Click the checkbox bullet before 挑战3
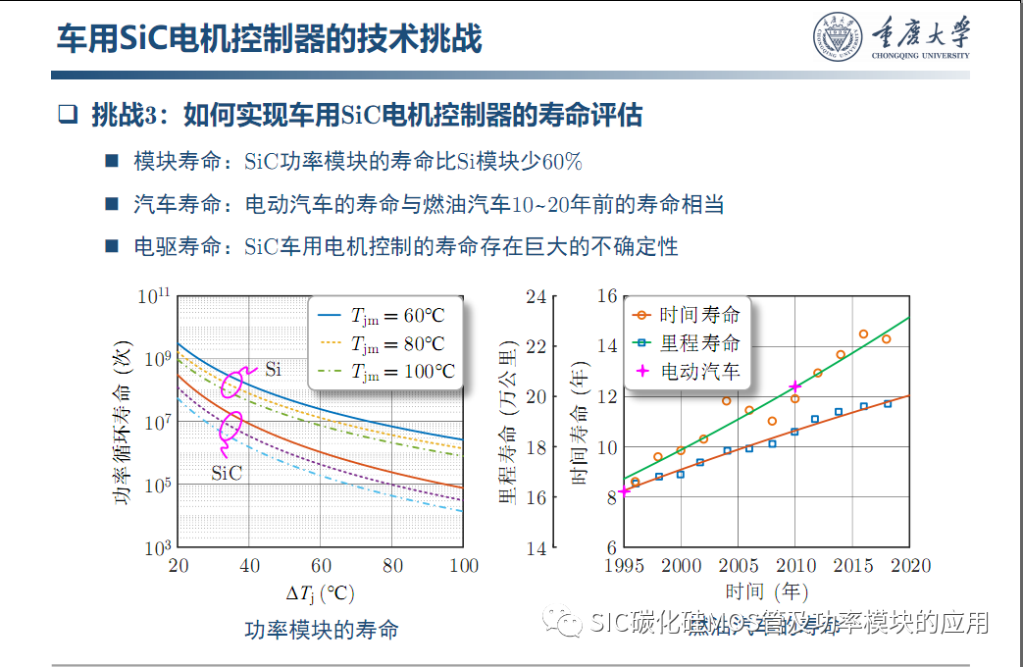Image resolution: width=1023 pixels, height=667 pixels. point(67,115)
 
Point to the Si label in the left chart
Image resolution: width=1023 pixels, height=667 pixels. point(274,370)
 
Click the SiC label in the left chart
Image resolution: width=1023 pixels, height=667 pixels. point(227,472)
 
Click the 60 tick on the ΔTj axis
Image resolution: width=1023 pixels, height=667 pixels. point(321,566)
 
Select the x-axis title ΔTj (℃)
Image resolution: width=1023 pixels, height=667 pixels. point(320,593)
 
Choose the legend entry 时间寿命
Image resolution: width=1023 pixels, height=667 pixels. point(687,315)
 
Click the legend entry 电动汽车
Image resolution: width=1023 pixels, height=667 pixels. point(687,372)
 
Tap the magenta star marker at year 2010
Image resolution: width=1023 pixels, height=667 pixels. point(794,387)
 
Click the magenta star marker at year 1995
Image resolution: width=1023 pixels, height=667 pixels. point(625,490)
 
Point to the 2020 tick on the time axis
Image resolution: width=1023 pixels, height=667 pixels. point(910,566)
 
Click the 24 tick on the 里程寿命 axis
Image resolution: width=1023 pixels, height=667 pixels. point(535,297)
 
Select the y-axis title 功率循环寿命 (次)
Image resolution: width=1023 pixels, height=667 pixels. point(123,423)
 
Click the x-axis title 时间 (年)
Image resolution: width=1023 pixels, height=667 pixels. point(767,592)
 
